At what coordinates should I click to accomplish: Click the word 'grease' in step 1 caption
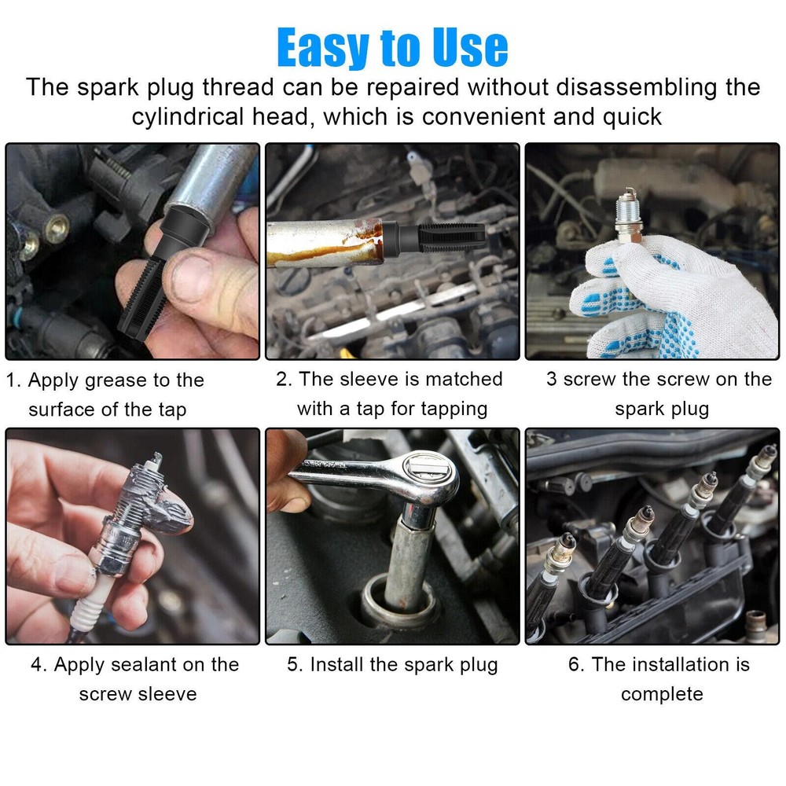coord(116,380)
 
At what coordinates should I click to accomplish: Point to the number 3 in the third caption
coord(552,379)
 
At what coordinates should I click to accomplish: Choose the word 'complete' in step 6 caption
coord(661,694)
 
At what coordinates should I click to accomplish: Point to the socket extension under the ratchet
coord(409,558)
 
